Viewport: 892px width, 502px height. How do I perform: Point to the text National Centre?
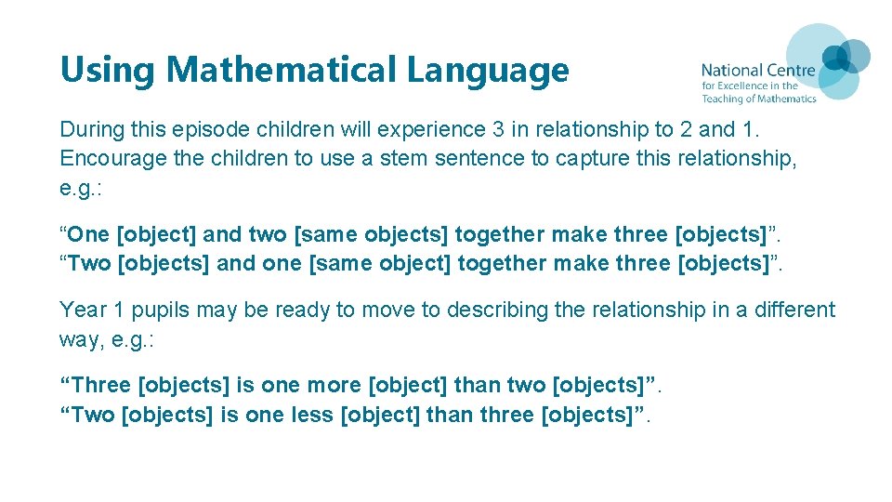point(758,70)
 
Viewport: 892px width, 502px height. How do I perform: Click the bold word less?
point(314,414)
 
